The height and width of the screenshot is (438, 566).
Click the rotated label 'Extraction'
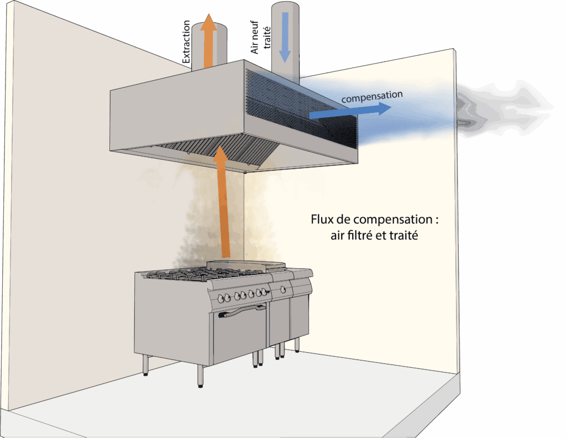click(x=186, y=41)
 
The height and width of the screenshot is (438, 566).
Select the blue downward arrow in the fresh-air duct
click(x=285, y=36)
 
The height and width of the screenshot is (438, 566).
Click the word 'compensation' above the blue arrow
click(x=372, y=96)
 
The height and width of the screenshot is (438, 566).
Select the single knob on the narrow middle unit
click(x=284, y=289)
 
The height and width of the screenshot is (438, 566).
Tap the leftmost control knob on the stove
click(x=224, y=298)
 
